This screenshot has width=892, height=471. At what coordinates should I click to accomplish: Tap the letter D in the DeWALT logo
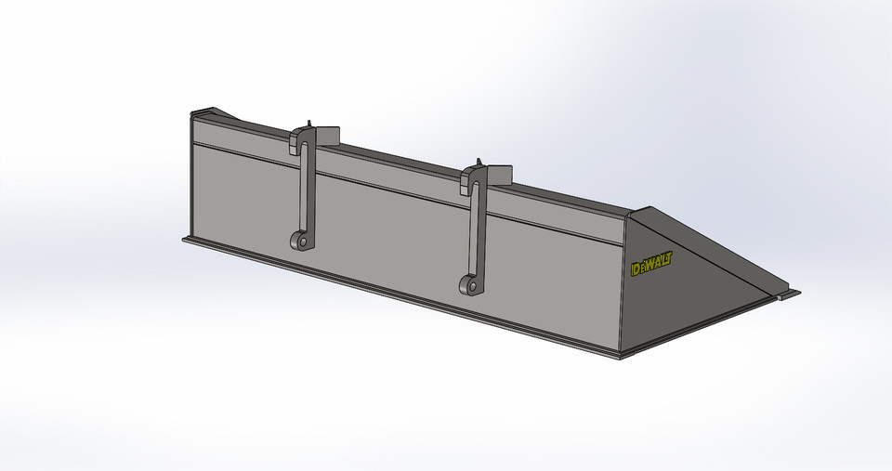tap(636, 269)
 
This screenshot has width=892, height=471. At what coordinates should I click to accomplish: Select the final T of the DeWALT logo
tap(669, 257)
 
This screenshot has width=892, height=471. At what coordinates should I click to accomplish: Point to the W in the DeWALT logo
tap(650, 264)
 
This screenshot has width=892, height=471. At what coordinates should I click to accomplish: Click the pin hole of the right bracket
tap(472, 285)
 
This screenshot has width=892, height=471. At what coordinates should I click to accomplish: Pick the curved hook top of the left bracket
tap(302, 137)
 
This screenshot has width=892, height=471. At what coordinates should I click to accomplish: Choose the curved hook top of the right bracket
tap(473, 176)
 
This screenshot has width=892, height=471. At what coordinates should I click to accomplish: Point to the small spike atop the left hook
tap(308, 124)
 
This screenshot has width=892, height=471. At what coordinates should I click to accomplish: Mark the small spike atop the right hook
tap(479, 162)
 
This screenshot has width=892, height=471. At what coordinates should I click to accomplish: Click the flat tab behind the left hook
tap(329, 136)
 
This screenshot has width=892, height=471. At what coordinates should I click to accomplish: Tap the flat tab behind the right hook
tap(499, 173)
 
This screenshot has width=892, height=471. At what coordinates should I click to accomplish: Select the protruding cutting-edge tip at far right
tap(789, 294)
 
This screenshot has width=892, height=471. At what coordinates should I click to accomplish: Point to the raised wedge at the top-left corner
tap(214, 113)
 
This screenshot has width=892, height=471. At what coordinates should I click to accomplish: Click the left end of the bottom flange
tap(187, 240)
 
